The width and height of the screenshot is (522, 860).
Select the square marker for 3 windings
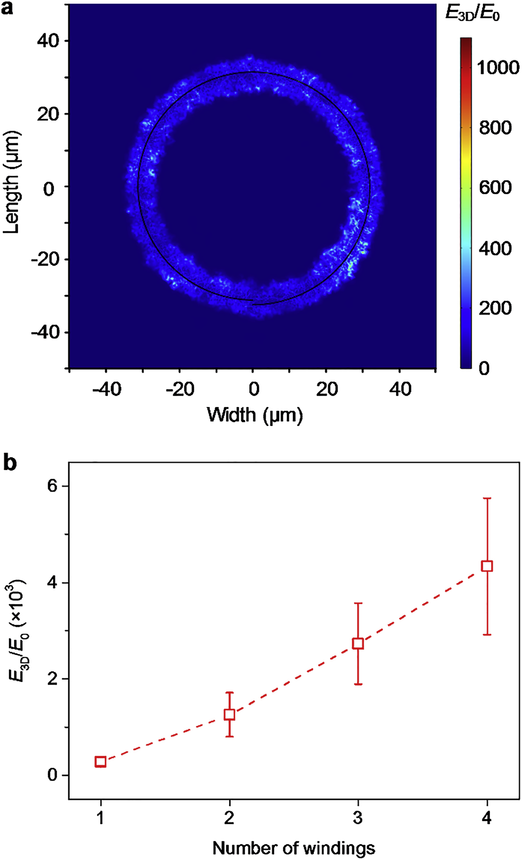coord(358,643)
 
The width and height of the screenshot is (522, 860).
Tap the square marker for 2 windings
coord(229,714)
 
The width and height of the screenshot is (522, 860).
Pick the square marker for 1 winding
coord(101,761)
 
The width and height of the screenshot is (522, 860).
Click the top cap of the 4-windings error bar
coord(487,498)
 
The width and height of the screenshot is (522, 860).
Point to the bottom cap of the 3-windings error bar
coord(358,684)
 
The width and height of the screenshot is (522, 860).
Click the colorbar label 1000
coord(498,68)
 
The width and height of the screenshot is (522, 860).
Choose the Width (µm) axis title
coord(255,415)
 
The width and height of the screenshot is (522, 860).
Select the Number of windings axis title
coord(294,848)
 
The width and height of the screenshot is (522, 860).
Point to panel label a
coord(7,8)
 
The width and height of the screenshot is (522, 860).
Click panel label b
coord(10,463)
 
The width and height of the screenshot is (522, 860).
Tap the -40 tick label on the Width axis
coord(106,389)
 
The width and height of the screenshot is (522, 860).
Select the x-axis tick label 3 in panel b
coord(358,818)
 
